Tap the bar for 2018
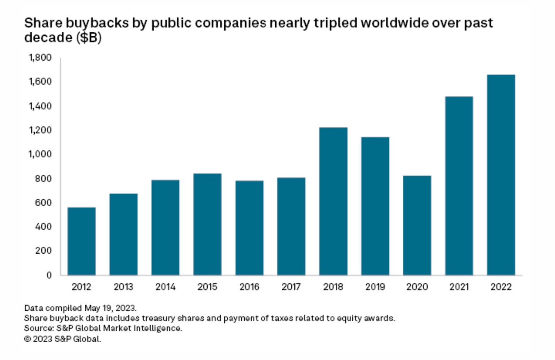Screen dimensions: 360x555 click(x=333, y=201)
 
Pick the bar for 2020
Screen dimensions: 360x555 click(x=417, y=225)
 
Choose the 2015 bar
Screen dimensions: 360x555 click(x=207, y=224)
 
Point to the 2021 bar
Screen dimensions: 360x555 click(x=459, y=185)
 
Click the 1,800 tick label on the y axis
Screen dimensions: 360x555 click(x=40, y=58)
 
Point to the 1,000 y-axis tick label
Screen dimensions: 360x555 click(x=40, y=154)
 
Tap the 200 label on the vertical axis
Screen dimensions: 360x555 click(x=43, y=251)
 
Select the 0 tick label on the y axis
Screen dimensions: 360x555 click(x=49, y=275)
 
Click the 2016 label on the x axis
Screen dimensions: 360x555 click(x=249, y=287)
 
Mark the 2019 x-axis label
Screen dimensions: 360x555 click(x=375, y=287)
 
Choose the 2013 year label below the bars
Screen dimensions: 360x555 click(x=123, y=287)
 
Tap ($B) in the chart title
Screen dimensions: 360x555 click(x=89, y=38)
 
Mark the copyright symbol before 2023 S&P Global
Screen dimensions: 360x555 click(x=27, y=339)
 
